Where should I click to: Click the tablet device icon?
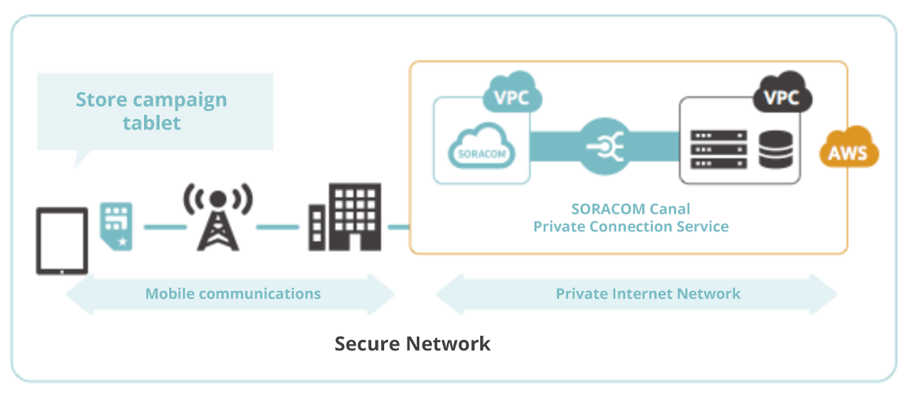(x=62, y=240)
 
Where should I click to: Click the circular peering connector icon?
(x=605, y=147)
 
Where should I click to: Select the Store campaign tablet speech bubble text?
(x=151, y=112)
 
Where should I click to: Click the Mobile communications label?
(x=233, y=293)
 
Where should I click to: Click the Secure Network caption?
(x=413, y=343)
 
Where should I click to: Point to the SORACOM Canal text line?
(x=630, y=208)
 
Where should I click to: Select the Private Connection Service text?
(x=630, y=226)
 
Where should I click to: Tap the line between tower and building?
(x=277, y=227)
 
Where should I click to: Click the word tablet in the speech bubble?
(x=151, y=123)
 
